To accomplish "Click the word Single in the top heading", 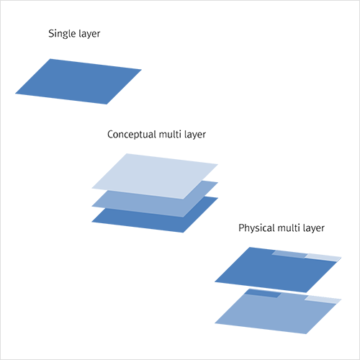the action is pos(62,33).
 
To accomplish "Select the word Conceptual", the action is pos(132,135).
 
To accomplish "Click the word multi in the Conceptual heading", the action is pos(170,134).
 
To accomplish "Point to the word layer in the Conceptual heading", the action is pos(195,135).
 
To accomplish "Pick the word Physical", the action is pos(256,228).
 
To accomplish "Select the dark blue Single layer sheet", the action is pos(78,81).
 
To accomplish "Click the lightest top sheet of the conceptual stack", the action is pos(155,176).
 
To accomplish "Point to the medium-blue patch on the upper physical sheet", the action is pos(289,254).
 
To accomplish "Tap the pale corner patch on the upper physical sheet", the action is pos(323,257).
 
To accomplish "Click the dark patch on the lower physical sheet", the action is pos(263,293).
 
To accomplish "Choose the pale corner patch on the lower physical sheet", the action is pos(323,300).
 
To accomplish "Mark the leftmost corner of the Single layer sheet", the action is pos(15,94).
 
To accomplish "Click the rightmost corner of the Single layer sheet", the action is pos(142,70).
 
